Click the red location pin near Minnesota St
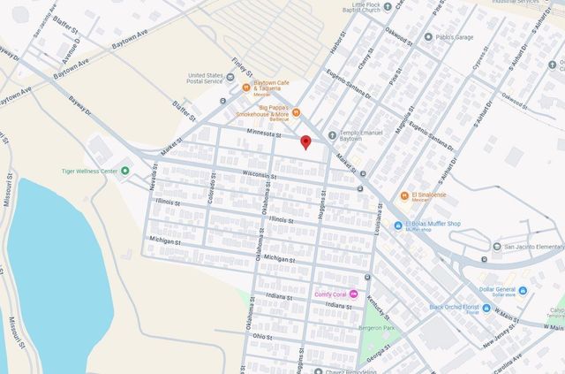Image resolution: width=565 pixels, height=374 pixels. pos(305,141)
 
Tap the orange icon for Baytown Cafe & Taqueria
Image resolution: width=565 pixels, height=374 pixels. pos(246,87)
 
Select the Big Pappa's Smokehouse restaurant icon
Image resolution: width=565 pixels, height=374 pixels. pos(296,112)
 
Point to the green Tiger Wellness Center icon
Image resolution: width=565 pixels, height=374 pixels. pos(124,171)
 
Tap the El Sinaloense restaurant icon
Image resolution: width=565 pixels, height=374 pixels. pos(404,195)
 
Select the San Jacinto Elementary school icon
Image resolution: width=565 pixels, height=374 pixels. pos(497,246)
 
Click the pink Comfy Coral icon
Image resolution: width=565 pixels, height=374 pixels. pos(353,294)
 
